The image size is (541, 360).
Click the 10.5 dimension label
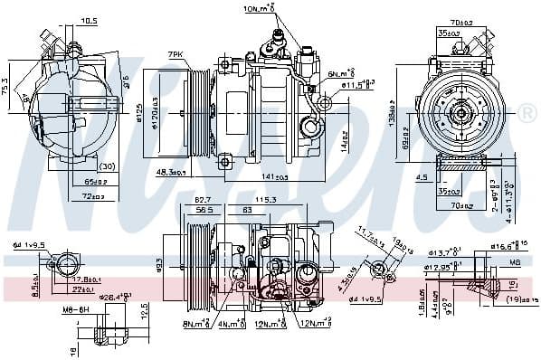tap(89, 19)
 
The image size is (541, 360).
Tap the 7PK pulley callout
tap(176, 53)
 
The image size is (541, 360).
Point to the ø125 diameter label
tap(139, 110)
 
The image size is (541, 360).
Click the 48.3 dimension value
tap(170, 172)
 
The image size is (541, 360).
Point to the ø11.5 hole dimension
tap(358, 85)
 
